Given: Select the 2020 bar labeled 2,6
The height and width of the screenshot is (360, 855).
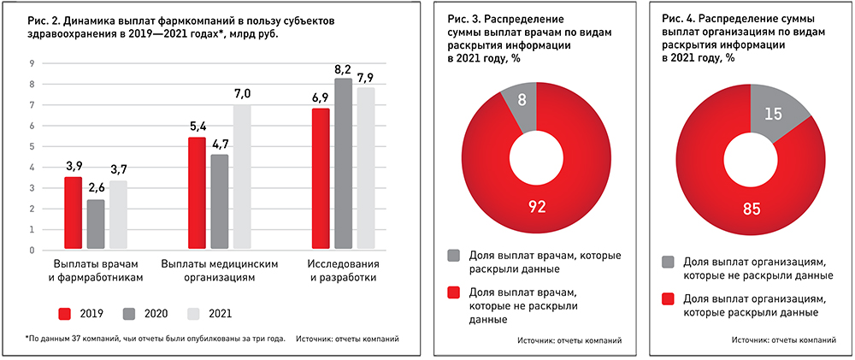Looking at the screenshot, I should [96, 225].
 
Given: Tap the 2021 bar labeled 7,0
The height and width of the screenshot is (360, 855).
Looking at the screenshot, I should [242, 177].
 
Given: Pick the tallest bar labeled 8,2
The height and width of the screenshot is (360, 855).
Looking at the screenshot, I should [342, 164].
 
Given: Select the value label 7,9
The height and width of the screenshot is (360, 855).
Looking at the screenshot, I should [365, 79].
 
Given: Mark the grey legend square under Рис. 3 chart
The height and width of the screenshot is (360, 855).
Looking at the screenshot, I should [453, 255].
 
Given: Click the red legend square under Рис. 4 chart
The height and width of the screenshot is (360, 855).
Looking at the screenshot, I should [668, 299].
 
